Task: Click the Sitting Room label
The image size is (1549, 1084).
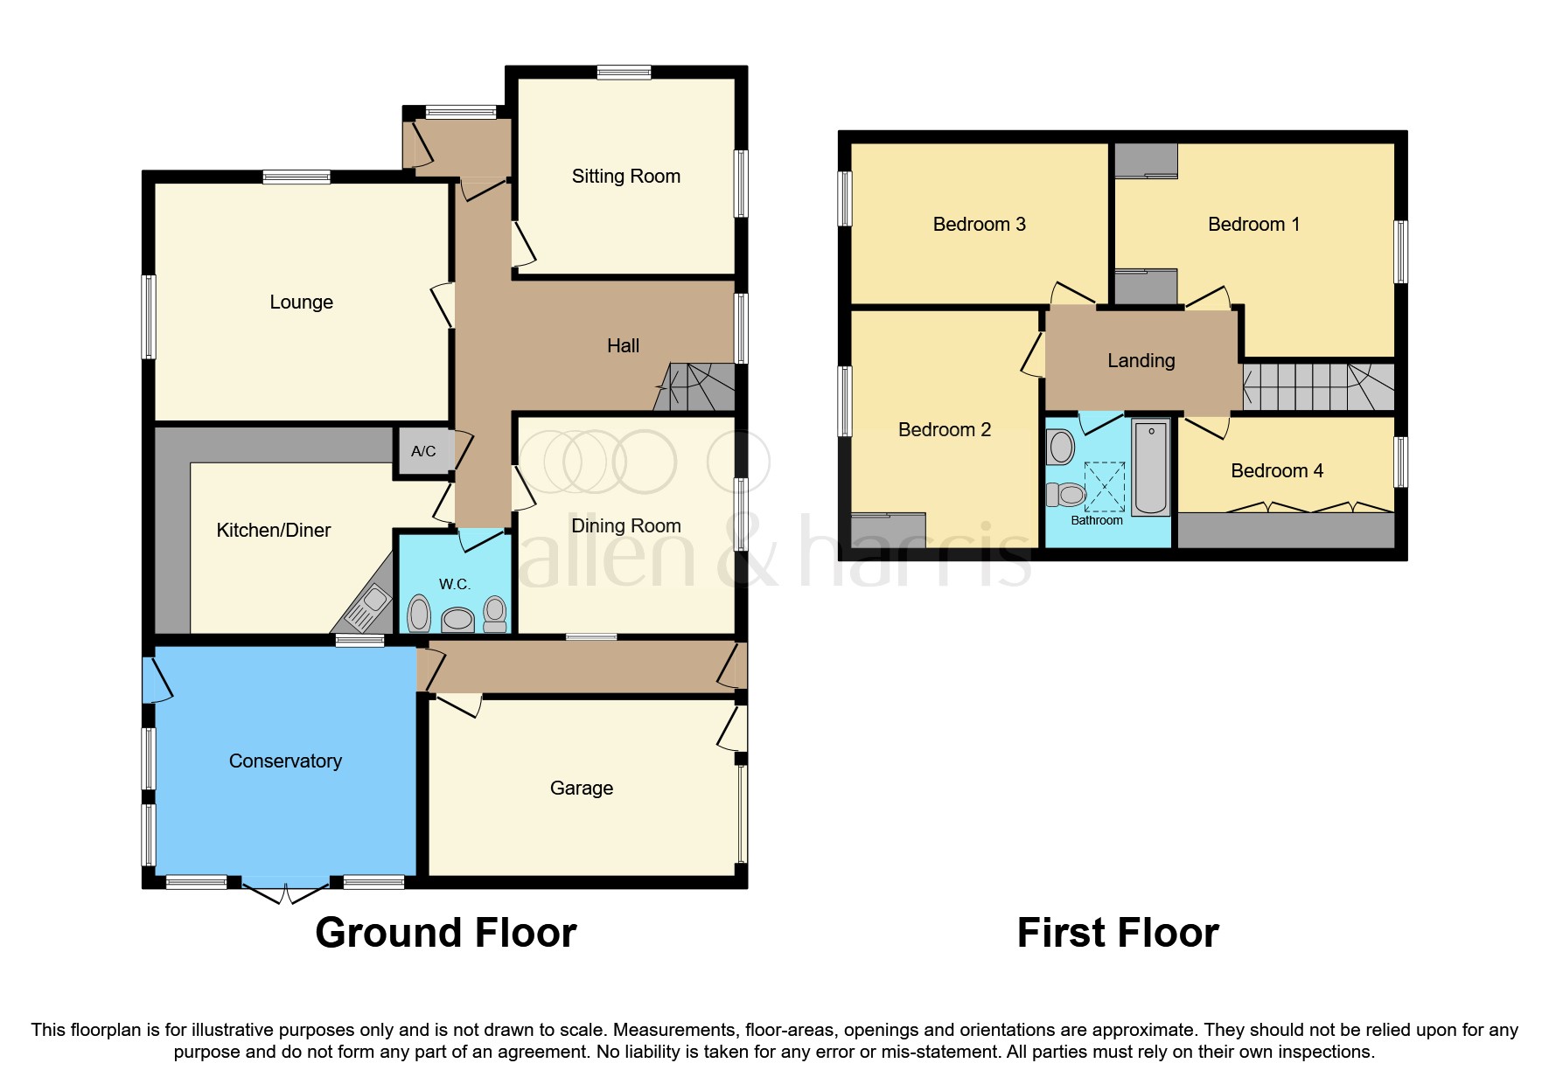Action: [x=625, y=177]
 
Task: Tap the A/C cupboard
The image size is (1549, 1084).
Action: [x=423, y=451]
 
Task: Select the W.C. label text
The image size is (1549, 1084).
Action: [x=454, y=584]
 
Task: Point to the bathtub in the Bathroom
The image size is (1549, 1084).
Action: [x=1151, y=468]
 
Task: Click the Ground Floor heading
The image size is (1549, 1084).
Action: [x=445, y=933]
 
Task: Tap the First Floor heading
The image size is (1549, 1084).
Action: [x=1117, y=933]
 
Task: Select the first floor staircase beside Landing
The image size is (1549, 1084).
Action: [x=1316, y=387]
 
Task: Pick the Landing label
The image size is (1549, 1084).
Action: [x=1141, y=360]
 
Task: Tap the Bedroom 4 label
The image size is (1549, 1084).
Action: [x=1276, y=471]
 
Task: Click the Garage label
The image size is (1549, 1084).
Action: [x=581, y=789]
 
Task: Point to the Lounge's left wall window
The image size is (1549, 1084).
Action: [x=149, y=316]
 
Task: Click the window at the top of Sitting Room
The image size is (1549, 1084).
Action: [x=624, y=73]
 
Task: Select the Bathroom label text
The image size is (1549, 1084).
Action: [x=1096, y=520]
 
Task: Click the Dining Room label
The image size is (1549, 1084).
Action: [x=625, y=526]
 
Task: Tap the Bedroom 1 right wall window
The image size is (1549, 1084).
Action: [x=1400, y=252]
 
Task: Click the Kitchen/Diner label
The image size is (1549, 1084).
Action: [x=273, y=531]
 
